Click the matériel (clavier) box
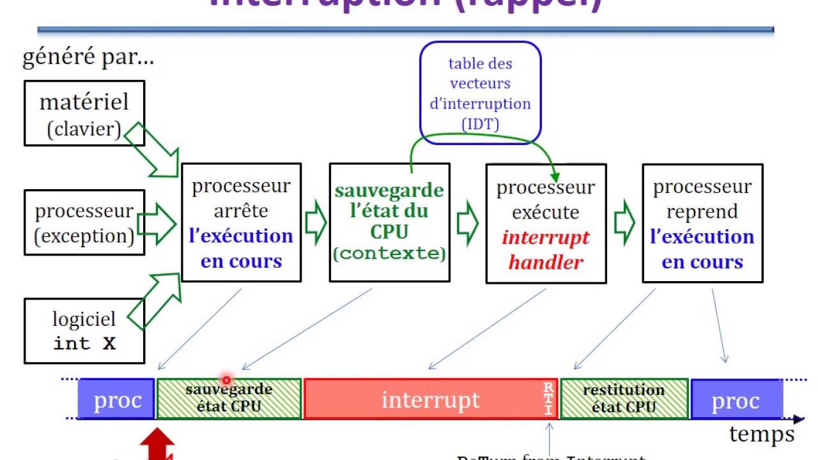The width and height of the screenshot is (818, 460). click(x=84, y=113)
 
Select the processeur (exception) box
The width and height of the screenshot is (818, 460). click(x=84, y=223)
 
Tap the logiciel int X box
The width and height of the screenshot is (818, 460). click(x=84, y=330)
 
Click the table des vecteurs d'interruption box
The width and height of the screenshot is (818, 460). click(x=480, y=92)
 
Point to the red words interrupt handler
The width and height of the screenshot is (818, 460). click(x=546, y=250)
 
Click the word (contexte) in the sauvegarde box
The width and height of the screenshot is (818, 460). click(x=389, y=254)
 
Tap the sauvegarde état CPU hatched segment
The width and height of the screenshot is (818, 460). click(x=229, y=399)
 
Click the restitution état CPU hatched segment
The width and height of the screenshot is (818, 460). click(x=624, y=399)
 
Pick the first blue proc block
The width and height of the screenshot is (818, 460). click(x=116, y=400)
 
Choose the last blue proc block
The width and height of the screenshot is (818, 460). click(x=736, y=400)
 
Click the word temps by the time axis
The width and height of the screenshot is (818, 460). click(x=762, y=435)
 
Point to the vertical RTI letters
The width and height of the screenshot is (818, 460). click(x=548, y=399)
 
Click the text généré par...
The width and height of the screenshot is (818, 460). click(x=88, y=58)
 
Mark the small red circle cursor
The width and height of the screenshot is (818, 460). click(x=226, y=380)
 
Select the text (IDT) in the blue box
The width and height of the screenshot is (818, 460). click(x=480, y=124)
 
